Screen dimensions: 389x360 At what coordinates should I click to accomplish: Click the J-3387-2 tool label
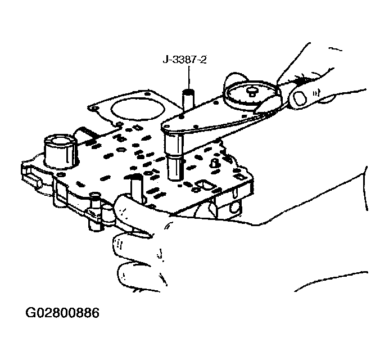[x=184, y=60]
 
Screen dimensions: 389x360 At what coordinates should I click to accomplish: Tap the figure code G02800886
[x=62, y=313]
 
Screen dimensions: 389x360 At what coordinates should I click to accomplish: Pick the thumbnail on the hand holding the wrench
[x=300, y=98]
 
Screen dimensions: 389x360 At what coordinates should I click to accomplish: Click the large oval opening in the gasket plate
[x=138, y=109]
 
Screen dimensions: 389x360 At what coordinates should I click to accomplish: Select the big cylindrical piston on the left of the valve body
[x=60, y=151]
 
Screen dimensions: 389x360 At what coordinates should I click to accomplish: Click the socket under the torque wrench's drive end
[x=175, y=156]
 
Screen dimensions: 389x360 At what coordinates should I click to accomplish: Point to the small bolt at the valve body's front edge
[x=95, y=211]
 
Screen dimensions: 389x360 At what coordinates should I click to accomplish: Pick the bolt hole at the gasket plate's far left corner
[x=93, y=109]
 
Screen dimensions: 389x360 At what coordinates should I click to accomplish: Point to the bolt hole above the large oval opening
[x=147, y=94]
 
